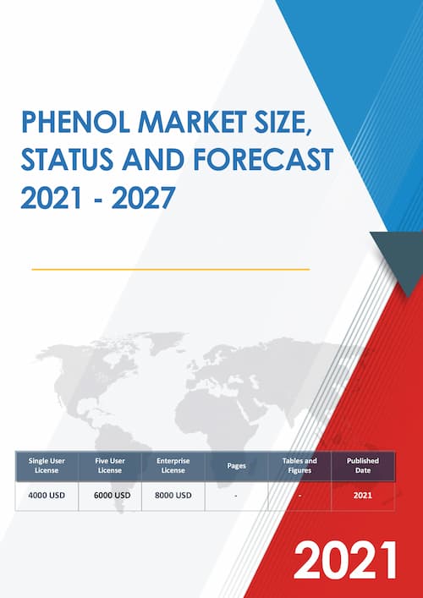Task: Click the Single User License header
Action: pos(47,465)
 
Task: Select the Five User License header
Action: pos(110,465)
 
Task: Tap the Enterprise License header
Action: pos(173,465)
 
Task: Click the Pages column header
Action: pos(236,465)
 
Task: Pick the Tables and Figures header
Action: pos(299,465)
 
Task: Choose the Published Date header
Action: pos(363,465)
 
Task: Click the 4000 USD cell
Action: pos(47,495)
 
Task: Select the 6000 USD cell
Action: pos(110,495)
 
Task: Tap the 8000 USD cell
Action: pos(173,495)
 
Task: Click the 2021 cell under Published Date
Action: pos(363,495)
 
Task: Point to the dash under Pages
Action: pos(236,495)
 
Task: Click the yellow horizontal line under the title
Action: pos(169,269)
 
